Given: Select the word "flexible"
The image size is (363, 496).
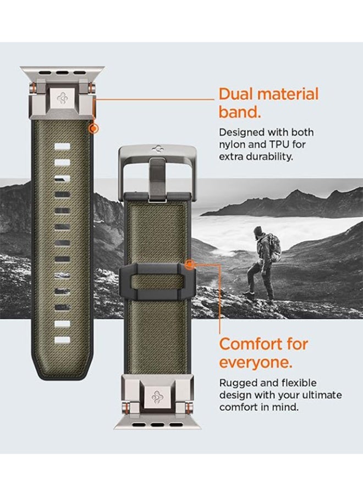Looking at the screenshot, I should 298,383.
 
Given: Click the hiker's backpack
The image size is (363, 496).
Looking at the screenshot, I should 274,247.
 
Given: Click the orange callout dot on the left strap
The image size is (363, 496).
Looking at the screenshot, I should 94,128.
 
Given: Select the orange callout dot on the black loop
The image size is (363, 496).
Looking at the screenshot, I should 190,265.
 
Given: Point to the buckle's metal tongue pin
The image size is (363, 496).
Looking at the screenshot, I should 157,176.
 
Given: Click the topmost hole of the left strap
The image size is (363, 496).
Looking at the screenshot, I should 62,148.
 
